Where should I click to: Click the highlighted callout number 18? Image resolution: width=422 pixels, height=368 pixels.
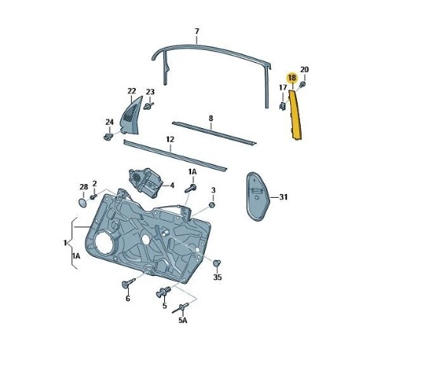[x=292, y=78]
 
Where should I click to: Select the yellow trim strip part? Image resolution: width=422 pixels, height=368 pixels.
[x=295, y=115]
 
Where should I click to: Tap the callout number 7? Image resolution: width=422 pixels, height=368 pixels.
[x=197, y=31]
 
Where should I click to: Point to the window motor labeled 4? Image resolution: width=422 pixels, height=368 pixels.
[x=146, y=182]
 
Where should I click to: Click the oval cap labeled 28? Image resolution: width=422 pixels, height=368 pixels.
[x=83, y=202]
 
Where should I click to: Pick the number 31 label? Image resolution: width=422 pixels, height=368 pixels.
[x=283, y=197]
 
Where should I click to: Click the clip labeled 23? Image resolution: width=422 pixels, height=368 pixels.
[x=149, y=106]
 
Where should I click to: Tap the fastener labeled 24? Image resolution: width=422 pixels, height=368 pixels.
[x=108, y=136]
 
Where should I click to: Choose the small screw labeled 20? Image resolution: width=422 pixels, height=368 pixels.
[x=303, y=84]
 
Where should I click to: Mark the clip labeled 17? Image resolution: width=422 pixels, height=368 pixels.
[x=282, y=106]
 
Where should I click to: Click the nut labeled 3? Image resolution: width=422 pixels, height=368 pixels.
[x=212, y=205]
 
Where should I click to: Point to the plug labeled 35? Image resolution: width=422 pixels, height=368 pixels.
[x=216, y=263]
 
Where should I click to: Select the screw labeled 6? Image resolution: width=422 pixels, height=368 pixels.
[x=128, y=284]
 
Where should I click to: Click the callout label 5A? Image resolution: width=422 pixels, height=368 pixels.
[x=183, y=320]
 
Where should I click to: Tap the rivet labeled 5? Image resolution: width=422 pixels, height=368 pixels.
[x=163, y=292]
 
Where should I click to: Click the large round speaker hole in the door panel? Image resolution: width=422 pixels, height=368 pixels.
[x=104, y=244]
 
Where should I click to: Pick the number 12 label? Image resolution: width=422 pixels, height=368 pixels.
[x=170, y=140]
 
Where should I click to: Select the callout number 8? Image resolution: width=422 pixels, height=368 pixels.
[x=211, y=118]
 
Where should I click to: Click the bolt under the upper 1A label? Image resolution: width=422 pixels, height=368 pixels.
[x=190, y=188]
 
